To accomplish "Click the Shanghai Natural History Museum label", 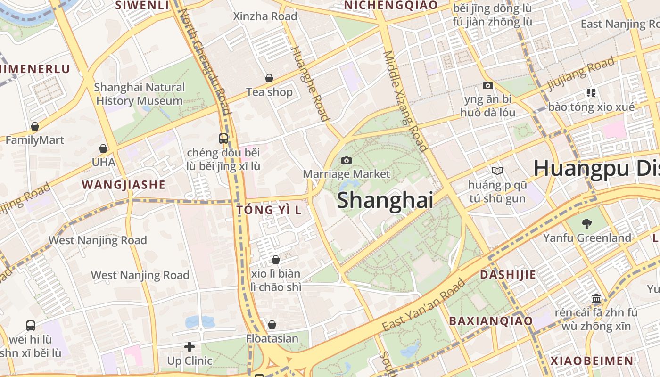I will (x=140, y=94).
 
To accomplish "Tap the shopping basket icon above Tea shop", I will (x=269, y=78).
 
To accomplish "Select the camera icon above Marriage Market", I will (x=346, y=161).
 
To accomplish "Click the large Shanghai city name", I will (x=385, y=200).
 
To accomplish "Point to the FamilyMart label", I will (x=35, y=140).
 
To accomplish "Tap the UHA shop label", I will (x=103, y=162).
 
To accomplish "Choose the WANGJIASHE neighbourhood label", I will (x=124, y=185).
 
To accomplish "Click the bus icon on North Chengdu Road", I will (x=223, y=139).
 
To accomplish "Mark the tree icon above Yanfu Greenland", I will (x=587, y=224).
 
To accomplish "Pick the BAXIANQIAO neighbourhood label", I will (x=491, y=321).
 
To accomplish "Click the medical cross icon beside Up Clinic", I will (x=190, y=347).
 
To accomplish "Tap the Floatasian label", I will (x=272, y=338).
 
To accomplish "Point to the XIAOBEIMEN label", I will (x=592, y=361).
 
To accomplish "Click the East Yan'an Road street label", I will (x=423, y=305).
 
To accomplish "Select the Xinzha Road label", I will (x=265, y=16).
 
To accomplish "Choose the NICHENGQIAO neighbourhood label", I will (x=391, y=5).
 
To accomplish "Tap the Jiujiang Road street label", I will (x=581, y=74).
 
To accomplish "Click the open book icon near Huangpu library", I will (x=497, y=171).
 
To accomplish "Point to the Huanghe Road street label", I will (x=309, y=83).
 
